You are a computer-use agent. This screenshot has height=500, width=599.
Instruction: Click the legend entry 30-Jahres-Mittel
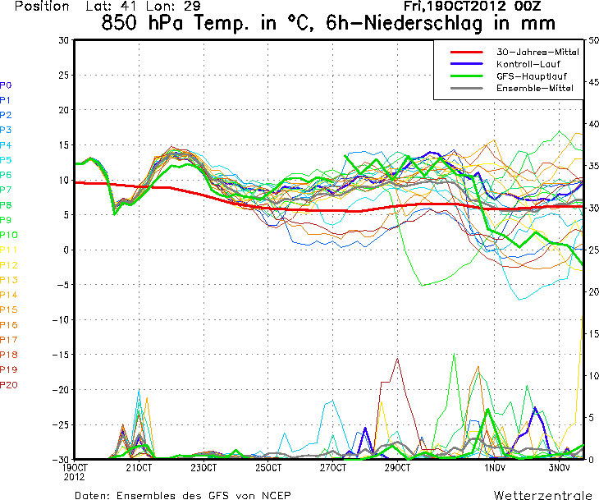click(537, 52)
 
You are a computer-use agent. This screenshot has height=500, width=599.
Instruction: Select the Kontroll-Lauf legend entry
click(529, 64)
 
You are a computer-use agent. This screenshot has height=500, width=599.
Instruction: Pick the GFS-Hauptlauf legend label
click(531, 76)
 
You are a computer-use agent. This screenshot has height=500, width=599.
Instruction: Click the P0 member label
click(6, 85)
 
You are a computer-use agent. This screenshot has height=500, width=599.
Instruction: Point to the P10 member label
click(8, 235)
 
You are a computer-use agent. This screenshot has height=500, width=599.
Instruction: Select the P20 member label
click(8, 385)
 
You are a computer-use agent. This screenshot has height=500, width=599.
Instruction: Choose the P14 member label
click(8, 295)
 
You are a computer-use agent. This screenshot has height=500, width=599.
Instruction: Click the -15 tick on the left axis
click(60, 355)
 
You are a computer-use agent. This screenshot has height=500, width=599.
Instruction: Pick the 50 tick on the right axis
click(593, 40)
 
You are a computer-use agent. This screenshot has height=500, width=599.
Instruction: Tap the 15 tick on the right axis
click(593, 334)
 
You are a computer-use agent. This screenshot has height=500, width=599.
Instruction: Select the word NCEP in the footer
click(272, 495)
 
